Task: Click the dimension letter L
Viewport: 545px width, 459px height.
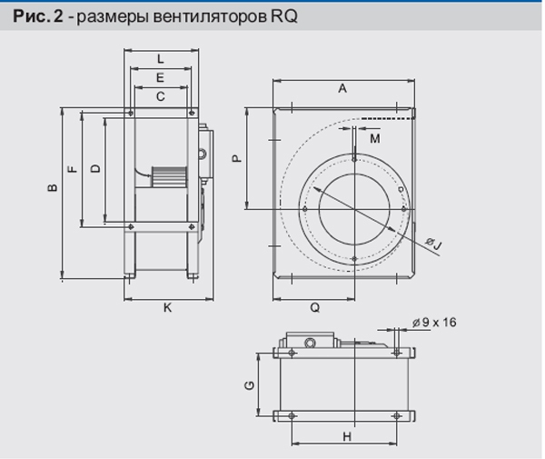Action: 160,59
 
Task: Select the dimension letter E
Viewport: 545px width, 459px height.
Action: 160,77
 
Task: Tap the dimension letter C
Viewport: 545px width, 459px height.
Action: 160,96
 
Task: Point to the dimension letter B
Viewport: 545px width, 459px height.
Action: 53,187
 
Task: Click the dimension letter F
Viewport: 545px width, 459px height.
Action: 73,169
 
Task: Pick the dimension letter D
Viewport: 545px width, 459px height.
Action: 95,169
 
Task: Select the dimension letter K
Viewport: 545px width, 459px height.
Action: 167,308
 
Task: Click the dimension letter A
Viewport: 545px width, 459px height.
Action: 342,89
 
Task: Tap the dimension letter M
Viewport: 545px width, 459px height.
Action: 374,139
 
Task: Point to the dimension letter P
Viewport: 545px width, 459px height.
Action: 237,158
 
